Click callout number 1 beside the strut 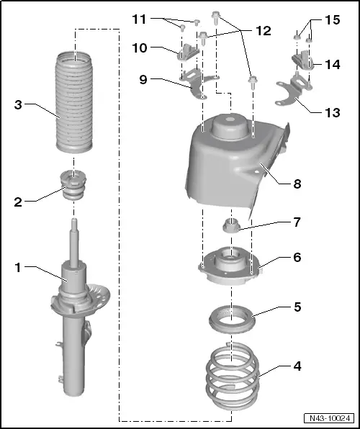click(17, 268)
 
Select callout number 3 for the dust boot click(17, 104)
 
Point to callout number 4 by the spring click(296, 365)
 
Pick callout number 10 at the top click(140, 48)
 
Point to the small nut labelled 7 click(230, 225)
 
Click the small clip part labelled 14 click(300, 63)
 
